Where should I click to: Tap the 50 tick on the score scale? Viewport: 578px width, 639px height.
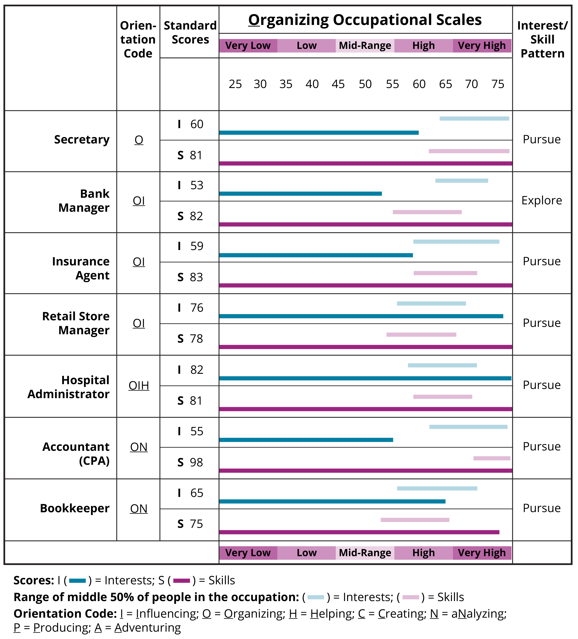click(365, 84)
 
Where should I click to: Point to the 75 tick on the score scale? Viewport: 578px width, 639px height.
click(498, 84)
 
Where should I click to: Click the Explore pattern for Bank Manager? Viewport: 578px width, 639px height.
click(541, 201)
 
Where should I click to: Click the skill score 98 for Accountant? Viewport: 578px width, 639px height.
click(196, 462)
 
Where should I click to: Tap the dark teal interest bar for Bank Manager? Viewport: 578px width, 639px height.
click(300, 194)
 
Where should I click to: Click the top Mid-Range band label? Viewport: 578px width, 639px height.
click(365, 46)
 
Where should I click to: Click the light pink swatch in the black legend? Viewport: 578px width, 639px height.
click(410, 597)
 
